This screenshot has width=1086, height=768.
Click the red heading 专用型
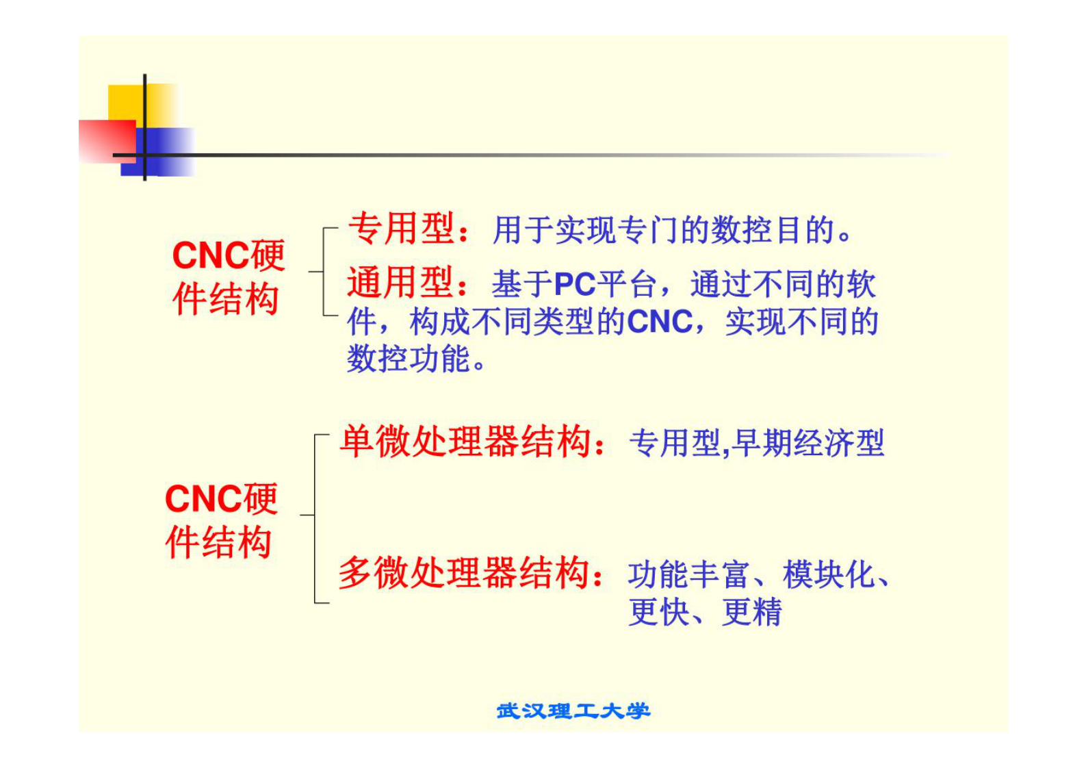pyautogui.click(x=401, y=229)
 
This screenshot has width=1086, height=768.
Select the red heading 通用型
pyautogui.click(x=400, y=283)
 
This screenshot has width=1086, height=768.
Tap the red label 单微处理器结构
pyautogui.click(x=465, y=441)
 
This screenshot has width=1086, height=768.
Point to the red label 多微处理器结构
pyautogui.click(x=464, y=573)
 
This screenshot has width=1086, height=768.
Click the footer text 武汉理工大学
pyautogui.click(x=573, y=711)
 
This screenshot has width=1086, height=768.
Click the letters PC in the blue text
pyautogui.click(x=575, y=284)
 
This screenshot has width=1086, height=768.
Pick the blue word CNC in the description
pyautogui.click(x=660, y=322)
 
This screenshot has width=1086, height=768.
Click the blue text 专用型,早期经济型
pyautogui.click(x=756, y=444)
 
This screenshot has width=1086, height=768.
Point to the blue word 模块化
pyautogui.click(x=829, y=575)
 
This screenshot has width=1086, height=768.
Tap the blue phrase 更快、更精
pyautogui.click(x=705, y=612)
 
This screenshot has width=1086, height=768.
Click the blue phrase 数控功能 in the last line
pyautogui.click(x=409, y=359)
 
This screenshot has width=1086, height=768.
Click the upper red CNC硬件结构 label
pyautogui.click(x=227, y=277)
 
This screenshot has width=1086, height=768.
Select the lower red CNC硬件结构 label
pyautogui.click(x=220, y=520)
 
